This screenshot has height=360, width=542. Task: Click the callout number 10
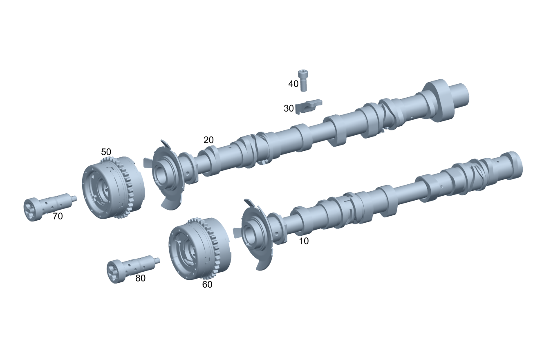304,241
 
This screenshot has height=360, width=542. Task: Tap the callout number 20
208,140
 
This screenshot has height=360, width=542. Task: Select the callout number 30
289,108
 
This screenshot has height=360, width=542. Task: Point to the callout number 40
293,84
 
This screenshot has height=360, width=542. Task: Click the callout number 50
106,152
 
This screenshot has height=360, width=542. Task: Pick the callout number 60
207,284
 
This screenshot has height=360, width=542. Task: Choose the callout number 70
58,216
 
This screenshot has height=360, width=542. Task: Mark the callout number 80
140,278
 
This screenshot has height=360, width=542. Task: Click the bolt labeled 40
303,81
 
